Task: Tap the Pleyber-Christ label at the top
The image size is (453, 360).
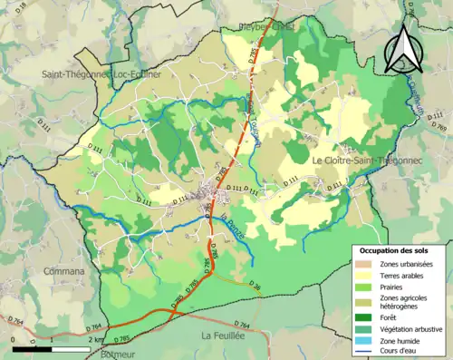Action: [266, 25]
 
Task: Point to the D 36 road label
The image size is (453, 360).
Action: [254, 287]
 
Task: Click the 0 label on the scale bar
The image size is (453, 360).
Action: [14, 339]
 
